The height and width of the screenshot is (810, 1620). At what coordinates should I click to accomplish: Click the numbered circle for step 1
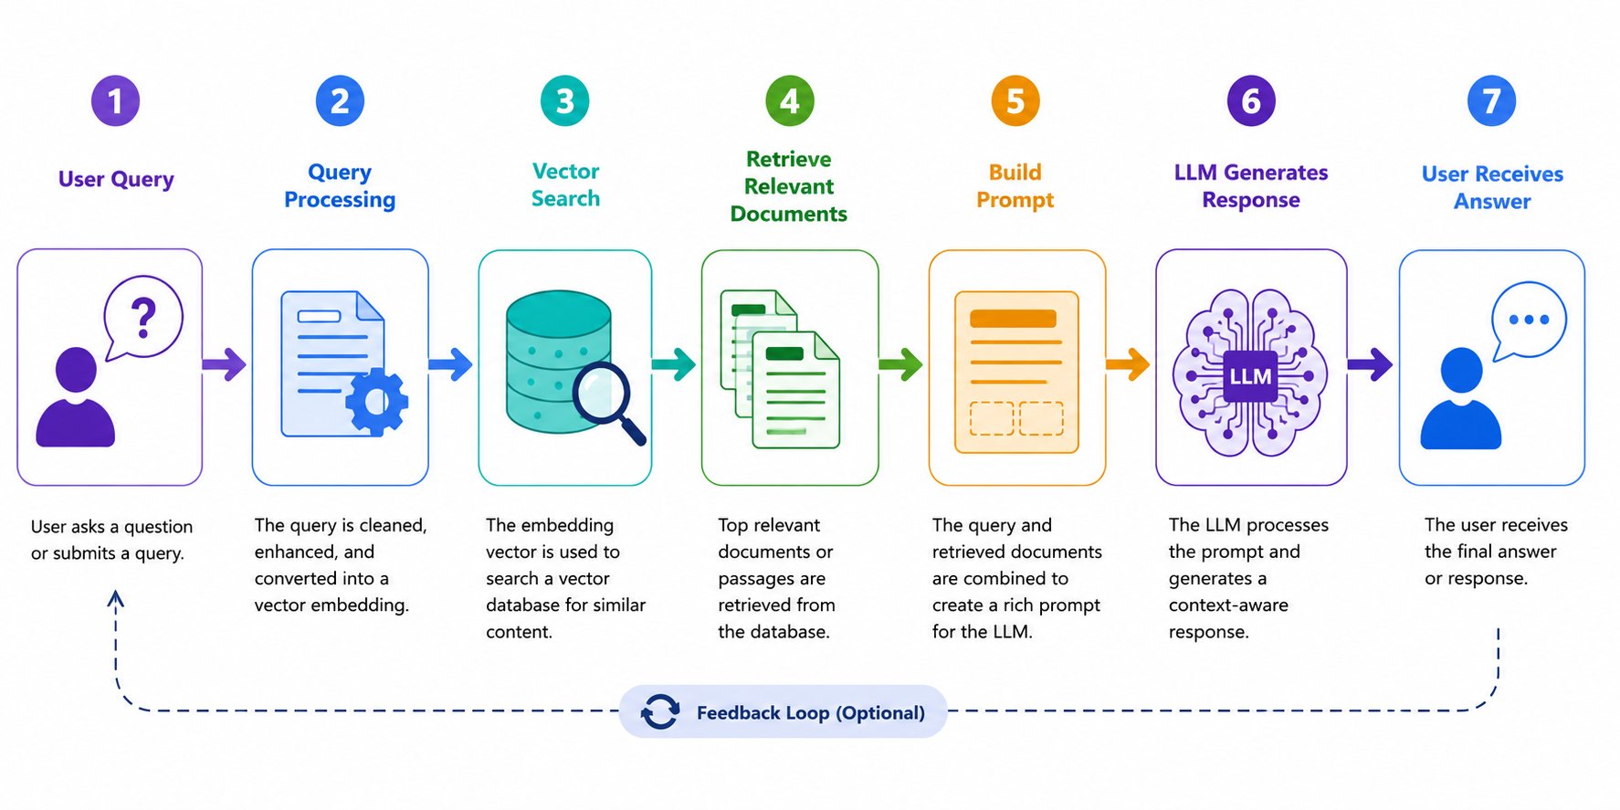pos(115,100)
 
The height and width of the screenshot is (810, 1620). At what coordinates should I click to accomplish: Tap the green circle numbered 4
pos(789,100)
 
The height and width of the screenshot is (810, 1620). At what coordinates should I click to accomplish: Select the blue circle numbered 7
pos(1491,100)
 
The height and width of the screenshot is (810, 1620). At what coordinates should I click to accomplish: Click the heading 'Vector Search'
pos(565,184)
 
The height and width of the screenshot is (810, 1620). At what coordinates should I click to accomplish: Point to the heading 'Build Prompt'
pos(1015,186)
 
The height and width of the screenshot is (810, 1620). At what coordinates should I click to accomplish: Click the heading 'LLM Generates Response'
pos(1251,186)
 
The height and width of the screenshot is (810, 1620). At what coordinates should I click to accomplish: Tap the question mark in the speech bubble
pos(143,318)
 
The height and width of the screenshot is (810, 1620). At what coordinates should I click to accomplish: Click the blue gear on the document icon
pos(376,400)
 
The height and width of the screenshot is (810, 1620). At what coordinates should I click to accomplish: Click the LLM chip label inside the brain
pos(1250,376)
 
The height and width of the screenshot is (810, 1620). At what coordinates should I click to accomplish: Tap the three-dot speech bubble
pos(1528,321)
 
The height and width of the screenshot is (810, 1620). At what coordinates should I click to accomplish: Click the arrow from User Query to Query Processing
pos(225,364)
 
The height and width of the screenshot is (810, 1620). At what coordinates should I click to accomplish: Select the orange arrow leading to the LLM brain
pos(1128,364)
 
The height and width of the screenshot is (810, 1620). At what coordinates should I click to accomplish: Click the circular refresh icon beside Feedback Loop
pos(659,712)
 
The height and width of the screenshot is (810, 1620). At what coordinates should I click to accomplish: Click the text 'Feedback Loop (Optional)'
pos(811,712)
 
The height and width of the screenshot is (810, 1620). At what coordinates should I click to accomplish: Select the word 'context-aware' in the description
pos(1228,605)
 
